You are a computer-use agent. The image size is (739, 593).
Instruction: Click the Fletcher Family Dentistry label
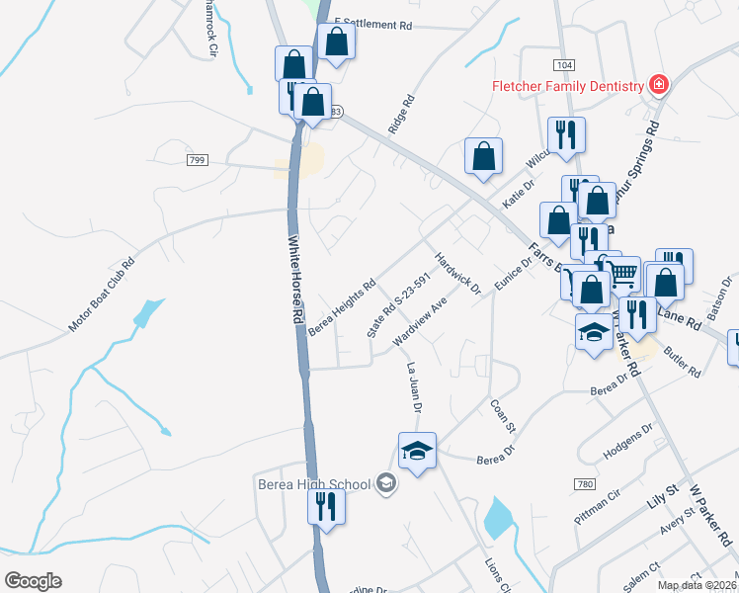click(568, 86)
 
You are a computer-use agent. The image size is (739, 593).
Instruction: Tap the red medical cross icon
click(658, 86)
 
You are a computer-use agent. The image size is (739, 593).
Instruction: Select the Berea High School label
click(313, 484)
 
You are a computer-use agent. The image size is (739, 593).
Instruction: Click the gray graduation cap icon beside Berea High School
click(385, 483)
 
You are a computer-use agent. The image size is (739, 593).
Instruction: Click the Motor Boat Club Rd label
click(101, 296)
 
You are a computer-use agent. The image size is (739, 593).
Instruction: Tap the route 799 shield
click(196, 159)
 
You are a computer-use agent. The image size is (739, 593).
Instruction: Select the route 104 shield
click(563, 65)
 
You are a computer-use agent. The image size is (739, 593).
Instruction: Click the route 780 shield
click(584, 484)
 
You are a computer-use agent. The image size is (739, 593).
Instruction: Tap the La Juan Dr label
click(414, 386)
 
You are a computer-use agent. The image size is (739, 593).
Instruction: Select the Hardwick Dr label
click(457, 274)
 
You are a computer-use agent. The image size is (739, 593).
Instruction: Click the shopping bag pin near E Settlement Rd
click(336, 42)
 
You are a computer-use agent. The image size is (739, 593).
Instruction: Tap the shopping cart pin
click(621, 273)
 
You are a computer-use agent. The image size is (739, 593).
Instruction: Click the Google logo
click(33, 581)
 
